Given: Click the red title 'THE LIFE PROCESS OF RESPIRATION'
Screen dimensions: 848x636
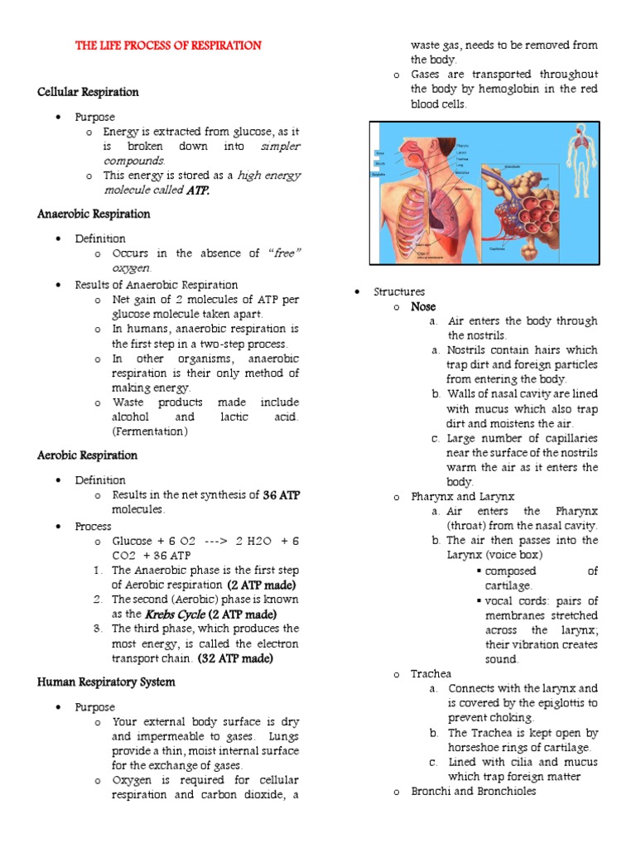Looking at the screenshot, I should pos(168,46).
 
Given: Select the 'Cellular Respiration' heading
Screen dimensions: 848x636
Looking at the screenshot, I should pos(88,92).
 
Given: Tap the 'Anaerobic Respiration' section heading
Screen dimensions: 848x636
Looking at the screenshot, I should pos(94,214).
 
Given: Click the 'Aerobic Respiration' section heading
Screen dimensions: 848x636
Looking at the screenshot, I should pos(87,455).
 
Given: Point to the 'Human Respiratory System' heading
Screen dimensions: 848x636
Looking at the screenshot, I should pos(106,682).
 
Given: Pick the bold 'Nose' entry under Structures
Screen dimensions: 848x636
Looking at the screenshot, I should pos(423,306).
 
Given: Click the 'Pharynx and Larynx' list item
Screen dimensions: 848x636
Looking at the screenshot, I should pos(462,496).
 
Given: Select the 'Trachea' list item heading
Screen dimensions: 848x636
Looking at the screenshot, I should pos(431,674).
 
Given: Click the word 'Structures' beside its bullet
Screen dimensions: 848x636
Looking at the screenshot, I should pos(399,291).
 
